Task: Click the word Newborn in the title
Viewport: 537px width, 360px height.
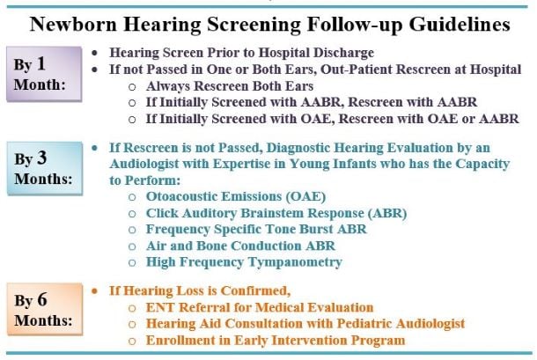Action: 73,25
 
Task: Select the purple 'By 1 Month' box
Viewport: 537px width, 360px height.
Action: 44,74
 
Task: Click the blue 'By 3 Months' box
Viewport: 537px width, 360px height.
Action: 45,168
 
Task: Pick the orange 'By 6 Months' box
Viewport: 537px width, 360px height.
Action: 45,309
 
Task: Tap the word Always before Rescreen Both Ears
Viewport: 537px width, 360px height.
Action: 167,86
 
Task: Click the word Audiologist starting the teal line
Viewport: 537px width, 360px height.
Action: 144,164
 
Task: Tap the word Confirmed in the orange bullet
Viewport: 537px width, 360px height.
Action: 255,290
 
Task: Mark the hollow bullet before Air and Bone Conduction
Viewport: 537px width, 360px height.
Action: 132,246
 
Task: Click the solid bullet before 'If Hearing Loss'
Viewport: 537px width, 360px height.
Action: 95,291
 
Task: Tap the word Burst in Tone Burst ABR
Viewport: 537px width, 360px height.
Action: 316,229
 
